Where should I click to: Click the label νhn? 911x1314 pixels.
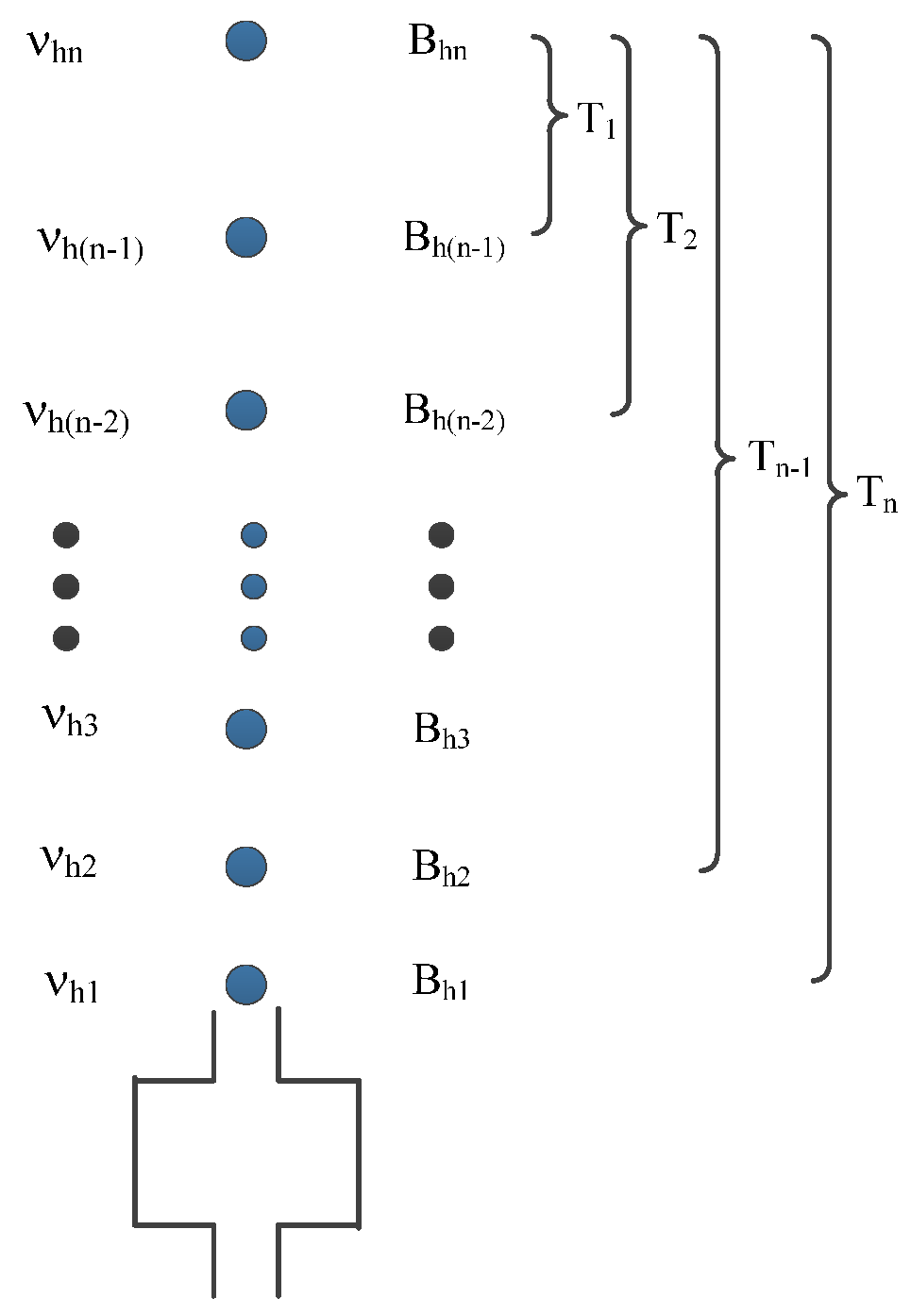56,45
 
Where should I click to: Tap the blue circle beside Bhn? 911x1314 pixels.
245,41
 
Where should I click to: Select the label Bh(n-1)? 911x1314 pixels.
454,242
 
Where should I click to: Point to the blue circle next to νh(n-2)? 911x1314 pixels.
245,411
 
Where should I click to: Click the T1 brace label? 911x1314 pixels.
596,121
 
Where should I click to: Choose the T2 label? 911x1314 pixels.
677,230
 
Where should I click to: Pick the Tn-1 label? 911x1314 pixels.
779,460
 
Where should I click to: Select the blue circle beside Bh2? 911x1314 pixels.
245,867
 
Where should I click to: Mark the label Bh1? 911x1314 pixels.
440,984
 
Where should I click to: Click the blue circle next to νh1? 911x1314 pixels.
245,985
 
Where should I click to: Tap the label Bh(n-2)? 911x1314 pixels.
454,414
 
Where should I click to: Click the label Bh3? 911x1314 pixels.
441,733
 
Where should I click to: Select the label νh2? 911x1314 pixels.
69,861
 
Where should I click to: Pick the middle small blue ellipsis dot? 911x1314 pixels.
253,586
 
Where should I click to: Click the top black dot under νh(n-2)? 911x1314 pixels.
66,535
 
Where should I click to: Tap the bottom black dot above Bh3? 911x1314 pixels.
441,638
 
